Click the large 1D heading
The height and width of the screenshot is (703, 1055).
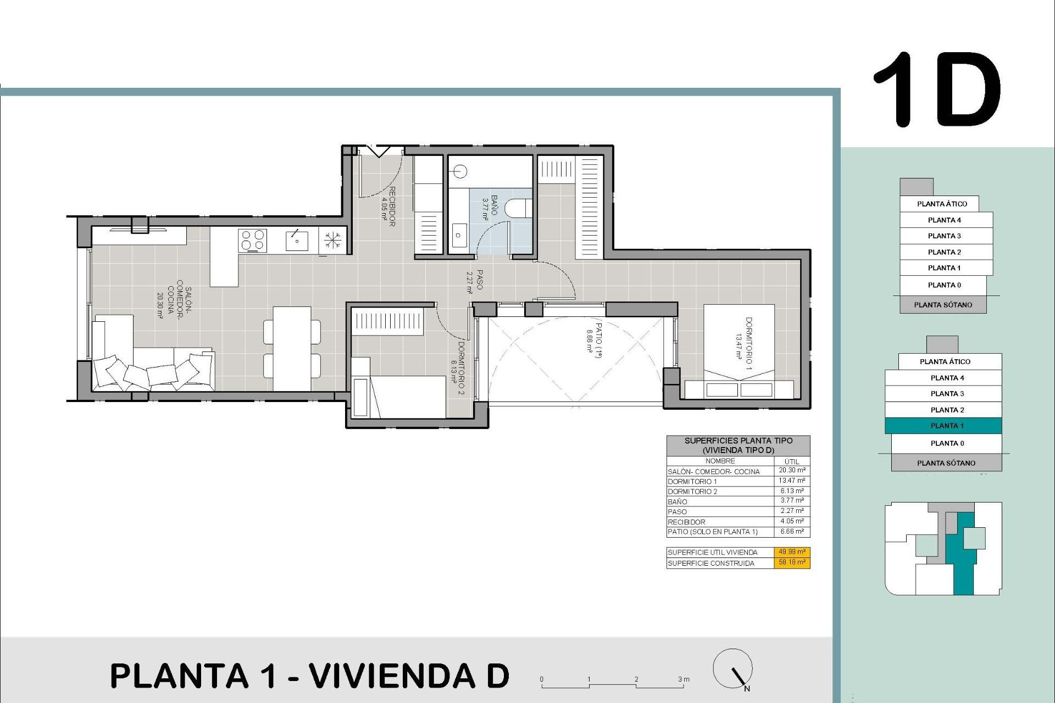937,90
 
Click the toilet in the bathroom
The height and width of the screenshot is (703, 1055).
517,208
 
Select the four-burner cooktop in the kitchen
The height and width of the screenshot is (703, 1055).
253,241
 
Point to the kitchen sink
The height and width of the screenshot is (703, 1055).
297,241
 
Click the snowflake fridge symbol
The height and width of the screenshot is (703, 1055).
332,241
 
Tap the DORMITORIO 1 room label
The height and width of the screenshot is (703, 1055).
744,343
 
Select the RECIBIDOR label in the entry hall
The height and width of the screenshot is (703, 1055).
388,207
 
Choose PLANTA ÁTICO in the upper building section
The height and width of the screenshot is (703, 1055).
942,204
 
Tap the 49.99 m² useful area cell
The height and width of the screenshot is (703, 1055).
792,552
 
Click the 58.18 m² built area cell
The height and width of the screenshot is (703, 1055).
792,562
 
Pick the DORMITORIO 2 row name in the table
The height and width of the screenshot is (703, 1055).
692,492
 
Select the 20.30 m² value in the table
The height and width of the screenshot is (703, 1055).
792,471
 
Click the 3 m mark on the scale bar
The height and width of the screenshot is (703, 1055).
682,680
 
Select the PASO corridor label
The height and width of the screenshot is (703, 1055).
476,280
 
